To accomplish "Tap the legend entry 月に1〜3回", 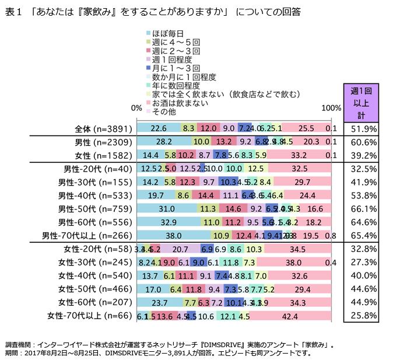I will pyautogui.click(x=172, y=68).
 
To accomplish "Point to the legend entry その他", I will pyautogui.click(x=164, y=111).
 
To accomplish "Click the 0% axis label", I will pyautogui.click(x=136, y=108).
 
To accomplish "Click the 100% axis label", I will pyautogui.click(x=332, y=108).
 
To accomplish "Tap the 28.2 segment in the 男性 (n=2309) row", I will pyautogui.click(x=164, y=142).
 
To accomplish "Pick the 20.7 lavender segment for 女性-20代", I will pyautogui.click(x=180, y=249).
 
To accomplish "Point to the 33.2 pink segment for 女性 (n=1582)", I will pyautogui.click(x=299, y=155).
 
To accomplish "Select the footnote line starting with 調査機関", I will pyautogui.click(x=170, y=345).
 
